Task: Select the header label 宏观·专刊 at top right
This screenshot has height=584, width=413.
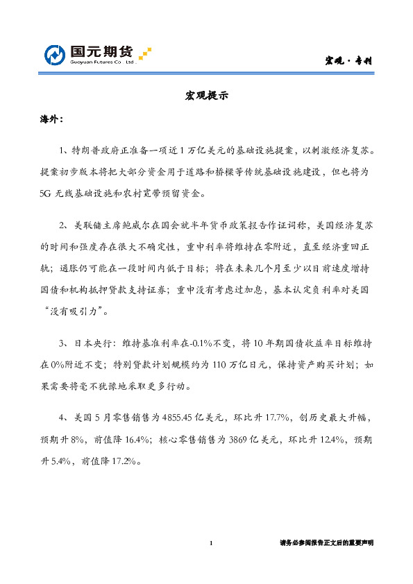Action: (349, 60)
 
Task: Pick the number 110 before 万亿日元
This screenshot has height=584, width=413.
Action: (238, 363)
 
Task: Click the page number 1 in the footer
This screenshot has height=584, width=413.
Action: (211, 543)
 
